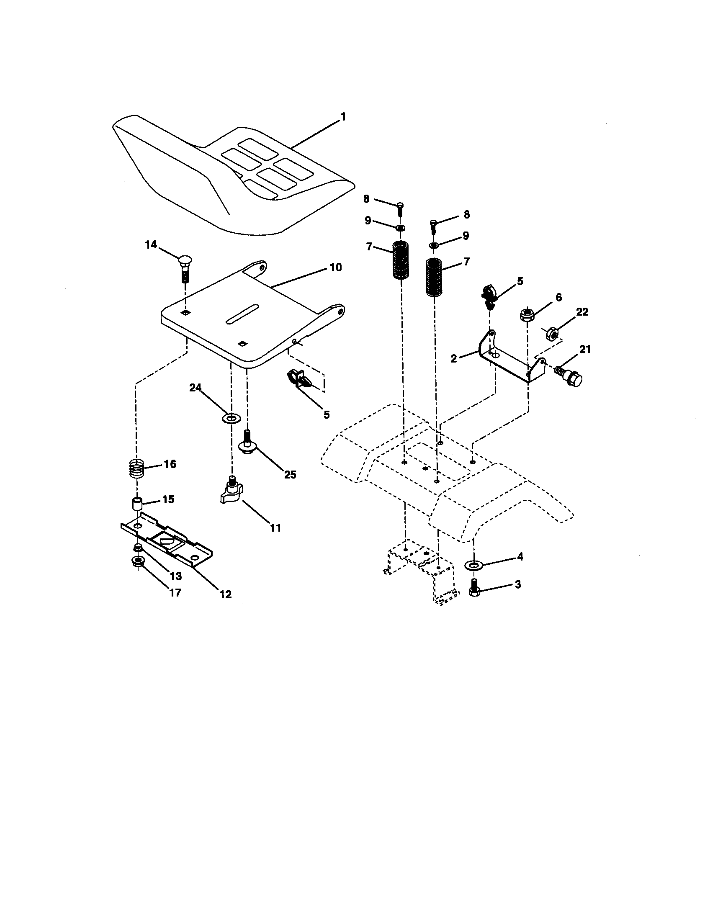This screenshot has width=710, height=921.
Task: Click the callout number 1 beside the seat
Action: [x=343, y=116]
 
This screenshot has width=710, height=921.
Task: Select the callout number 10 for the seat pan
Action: [x=336, y=267]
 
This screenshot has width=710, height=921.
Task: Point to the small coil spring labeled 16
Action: [x=136, y=468]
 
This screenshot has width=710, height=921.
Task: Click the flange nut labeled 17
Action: [x=136, y=561]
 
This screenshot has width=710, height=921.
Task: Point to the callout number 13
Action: [x=175, y=576]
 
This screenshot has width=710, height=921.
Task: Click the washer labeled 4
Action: [x=474, y=565]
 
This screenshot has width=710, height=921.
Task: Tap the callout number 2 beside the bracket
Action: [x=454, y=358]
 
